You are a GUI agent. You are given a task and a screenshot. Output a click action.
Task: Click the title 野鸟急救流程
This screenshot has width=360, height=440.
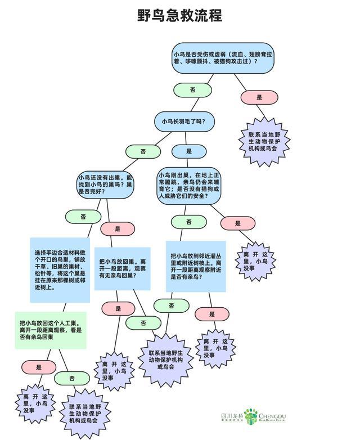pos(180,15)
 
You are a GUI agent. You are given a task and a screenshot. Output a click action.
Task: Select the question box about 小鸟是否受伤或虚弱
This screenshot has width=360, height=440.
pos(223,57)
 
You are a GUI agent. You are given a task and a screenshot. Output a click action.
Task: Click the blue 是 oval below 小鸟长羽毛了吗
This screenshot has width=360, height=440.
pos(188,151)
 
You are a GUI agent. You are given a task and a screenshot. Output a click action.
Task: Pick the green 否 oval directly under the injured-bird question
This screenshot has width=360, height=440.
pos(192,90)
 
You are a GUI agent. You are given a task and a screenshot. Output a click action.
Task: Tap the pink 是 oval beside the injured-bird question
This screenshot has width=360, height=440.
pos(259,97)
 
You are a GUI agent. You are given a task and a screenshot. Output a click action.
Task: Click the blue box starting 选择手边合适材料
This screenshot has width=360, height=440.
pos(59,270)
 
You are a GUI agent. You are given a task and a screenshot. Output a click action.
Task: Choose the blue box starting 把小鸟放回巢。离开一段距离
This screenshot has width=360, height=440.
pos(122,269)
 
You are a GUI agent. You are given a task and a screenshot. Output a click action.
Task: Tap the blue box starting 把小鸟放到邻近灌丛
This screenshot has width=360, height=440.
pos(196,266)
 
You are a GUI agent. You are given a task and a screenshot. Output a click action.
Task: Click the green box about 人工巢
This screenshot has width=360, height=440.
pos(51,330)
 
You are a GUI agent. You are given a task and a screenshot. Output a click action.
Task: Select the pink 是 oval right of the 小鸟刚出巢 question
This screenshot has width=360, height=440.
pos(238,223)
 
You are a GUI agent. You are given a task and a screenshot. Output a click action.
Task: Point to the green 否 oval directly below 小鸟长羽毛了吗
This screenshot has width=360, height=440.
pos(143,151)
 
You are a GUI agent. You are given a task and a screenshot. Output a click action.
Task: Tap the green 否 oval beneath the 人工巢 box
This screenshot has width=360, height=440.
pos(72,379)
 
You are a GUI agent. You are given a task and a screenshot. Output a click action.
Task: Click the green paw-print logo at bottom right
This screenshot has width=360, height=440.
pos(251,417)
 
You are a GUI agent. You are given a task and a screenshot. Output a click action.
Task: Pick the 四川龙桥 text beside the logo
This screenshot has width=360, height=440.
pos(231,415)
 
